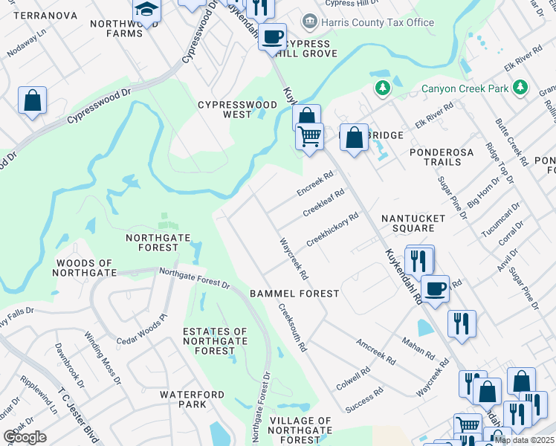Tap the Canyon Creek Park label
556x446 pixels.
pos(465,88)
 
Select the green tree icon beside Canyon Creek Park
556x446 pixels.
pos(383,88)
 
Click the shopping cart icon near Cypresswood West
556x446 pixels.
pos(309,136)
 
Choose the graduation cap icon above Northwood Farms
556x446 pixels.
pos(146,11)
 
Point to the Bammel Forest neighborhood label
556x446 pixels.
pos(294,294)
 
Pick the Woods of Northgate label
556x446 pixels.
pos(84,268)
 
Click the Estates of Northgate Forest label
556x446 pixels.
pos(215,341)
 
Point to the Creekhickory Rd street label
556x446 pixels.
pos(332,230)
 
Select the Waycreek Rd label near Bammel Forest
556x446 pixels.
pos(294,259)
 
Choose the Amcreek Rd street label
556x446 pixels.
pos(376,352)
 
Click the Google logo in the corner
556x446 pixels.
pos(25,437)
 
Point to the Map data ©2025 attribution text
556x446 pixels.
pos(524,440)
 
